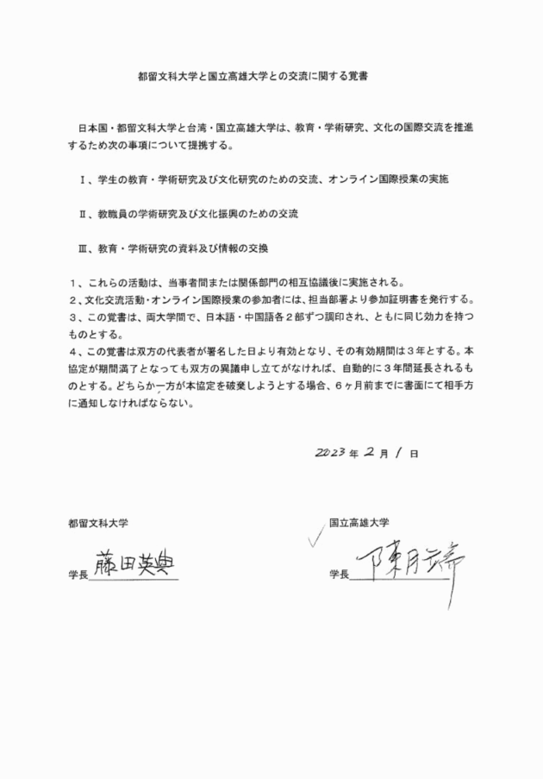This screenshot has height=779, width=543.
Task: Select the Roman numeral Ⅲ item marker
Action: coord(83,248)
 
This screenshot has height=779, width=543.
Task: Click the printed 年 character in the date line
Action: coord(353,453)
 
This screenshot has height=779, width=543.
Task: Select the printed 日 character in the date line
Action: coord(415,453)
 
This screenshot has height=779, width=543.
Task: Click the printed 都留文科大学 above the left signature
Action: coord(99,523)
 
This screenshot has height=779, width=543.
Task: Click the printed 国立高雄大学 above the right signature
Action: coord(359,522)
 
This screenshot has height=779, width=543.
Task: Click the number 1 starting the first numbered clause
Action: coord(73,282)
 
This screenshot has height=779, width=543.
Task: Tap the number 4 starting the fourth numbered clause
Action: coord(73,351)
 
